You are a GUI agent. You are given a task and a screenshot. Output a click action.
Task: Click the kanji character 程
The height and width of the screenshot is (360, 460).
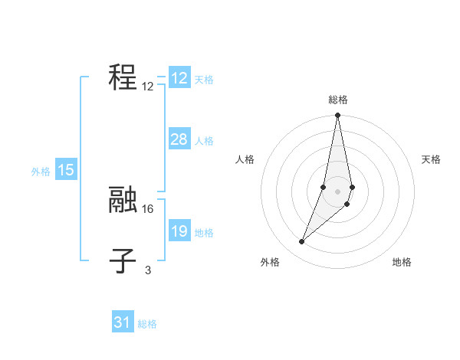tap(123, 77)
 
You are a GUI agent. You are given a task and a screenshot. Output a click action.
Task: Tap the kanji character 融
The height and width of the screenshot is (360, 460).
tap(123, 200)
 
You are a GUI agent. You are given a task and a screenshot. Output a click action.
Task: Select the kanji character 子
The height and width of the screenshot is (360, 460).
tap(123, 260)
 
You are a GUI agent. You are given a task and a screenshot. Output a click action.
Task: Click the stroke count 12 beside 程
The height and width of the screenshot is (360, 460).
tap(148, 87)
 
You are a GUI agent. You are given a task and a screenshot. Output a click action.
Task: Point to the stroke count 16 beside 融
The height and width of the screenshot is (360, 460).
tap(148, 208)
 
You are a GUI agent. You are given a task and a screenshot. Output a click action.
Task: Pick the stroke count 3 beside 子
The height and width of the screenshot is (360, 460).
tap(148, 270)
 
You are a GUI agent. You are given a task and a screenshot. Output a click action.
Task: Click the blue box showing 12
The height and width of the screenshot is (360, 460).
tap(179, 78)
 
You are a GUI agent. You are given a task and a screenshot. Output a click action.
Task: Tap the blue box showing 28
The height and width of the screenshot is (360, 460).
tap(179, 139)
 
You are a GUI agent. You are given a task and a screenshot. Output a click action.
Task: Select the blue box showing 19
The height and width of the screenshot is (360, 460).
tap(179, 231)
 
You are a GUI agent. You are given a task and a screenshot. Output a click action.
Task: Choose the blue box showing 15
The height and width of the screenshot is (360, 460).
tap(66, 170)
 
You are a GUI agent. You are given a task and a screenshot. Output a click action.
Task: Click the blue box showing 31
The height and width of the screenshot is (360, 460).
tap(123, 322)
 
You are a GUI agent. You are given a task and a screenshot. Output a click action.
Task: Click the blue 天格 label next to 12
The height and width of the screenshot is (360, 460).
tap(204, 80)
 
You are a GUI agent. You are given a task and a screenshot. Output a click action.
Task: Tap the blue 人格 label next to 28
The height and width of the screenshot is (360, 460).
tap(204, 141)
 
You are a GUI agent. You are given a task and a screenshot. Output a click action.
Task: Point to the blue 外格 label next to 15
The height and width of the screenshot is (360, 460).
tap(41, 172)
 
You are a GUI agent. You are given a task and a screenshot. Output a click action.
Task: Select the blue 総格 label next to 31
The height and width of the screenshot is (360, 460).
tap(147, 324)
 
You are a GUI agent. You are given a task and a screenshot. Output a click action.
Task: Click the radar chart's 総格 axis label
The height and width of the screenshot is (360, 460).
tap(338, 100)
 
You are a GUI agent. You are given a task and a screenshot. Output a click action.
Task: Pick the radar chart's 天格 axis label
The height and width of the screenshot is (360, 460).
tap(432, 159)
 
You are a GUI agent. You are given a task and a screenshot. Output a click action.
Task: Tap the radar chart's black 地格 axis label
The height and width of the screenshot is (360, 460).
tap(402, 263)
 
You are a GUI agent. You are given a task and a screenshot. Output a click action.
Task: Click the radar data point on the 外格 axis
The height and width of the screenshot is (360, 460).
tap(302, 242)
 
